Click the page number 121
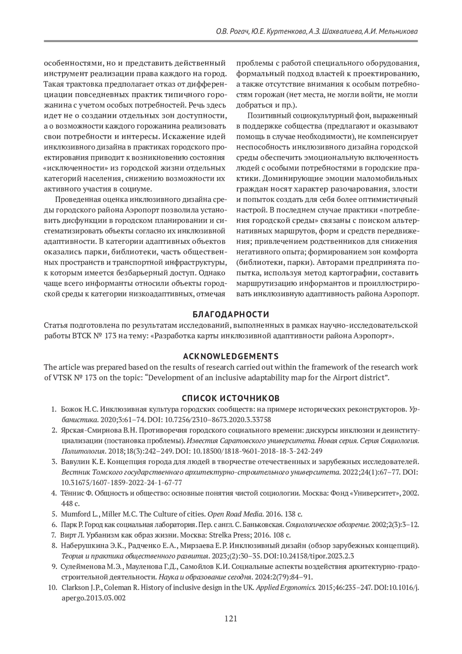coord(231,619)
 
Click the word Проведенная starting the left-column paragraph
coord(78,200)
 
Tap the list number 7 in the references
coord(54,535)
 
